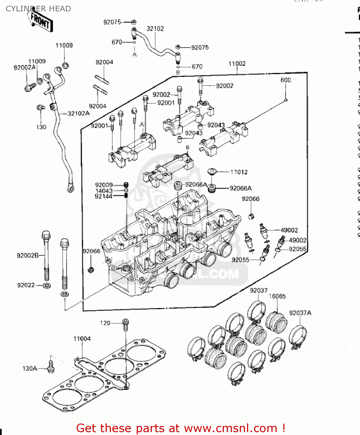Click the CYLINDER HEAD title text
pyautogui.click(x=38, y=9)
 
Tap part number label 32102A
pyautogui.click(x=78, y=113)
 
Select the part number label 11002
pyautogui.click(x=237, y=64)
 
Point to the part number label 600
pyautogui.click(x=286, y=80)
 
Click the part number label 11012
pyautogui.click(x=239, y=172)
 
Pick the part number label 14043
pyautogui.click(x=104, y=191)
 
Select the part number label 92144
pyautogui.click(x=103, y=196)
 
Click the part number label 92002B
pyautogui.click(x=28, y=255)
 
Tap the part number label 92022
pyautogui.click(x=26, y=285)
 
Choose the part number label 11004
pyautogui.click(x=82, y=338)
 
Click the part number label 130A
pyautogui.click(x=30, y=368)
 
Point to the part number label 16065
pyautogui.click(x=277, y=296)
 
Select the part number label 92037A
pyautogui.click(x=300, y=313)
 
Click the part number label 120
pyautogui.click(x=105, y=323)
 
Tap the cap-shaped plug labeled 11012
pyautogui.click(x=213, y=171)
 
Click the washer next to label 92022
pyautogui.click(x=47, y=286)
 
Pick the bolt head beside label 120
pyautogui.click(x=125, y=322)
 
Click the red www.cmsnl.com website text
pyautogui.click(x=231, y=428)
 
